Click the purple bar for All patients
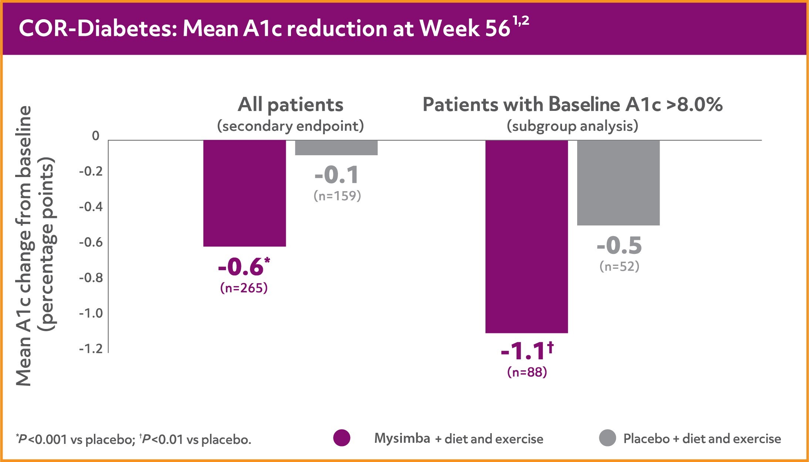[244, 193]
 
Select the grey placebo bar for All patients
[336, 147]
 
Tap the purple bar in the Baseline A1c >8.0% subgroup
[527, 237]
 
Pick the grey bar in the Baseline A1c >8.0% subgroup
[618, 183]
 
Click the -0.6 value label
[241, 267]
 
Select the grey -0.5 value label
[619, 246]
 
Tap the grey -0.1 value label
[337, 175]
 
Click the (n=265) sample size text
[244, 288]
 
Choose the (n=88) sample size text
[527, 372]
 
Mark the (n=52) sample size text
[619, 266]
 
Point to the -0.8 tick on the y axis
[91, 278]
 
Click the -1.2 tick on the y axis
[91, 349]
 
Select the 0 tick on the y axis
[96, 136]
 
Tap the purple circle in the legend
[342, 438]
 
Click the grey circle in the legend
[607, 438]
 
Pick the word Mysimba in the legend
[402, 439]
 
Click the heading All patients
[291, 105]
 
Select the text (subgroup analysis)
[572, 126]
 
